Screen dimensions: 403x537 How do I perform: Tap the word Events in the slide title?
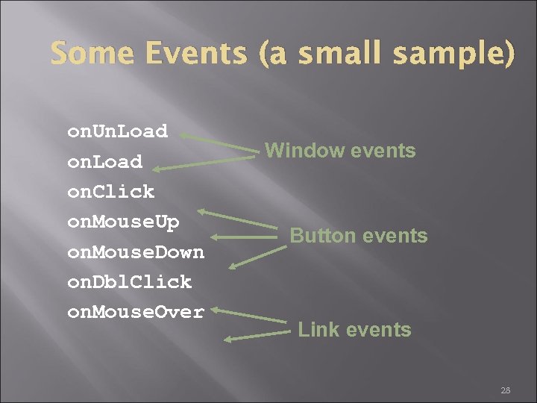tap(197, 54)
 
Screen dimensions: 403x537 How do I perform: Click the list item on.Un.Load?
tap(117, 131)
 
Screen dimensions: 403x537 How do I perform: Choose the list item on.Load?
tap(104, 162)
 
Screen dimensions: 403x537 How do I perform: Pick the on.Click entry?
tap(110, 192)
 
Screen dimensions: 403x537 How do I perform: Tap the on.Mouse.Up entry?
tap(123, 222)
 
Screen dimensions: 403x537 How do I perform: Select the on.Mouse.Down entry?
tap(135, 252)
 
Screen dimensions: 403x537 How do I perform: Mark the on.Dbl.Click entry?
tap(129, 282)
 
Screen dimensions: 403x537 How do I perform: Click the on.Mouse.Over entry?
tap(135, 312)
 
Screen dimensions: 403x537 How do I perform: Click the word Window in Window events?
tap(301, 151)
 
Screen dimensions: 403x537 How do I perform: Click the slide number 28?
tap(505, 390)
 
